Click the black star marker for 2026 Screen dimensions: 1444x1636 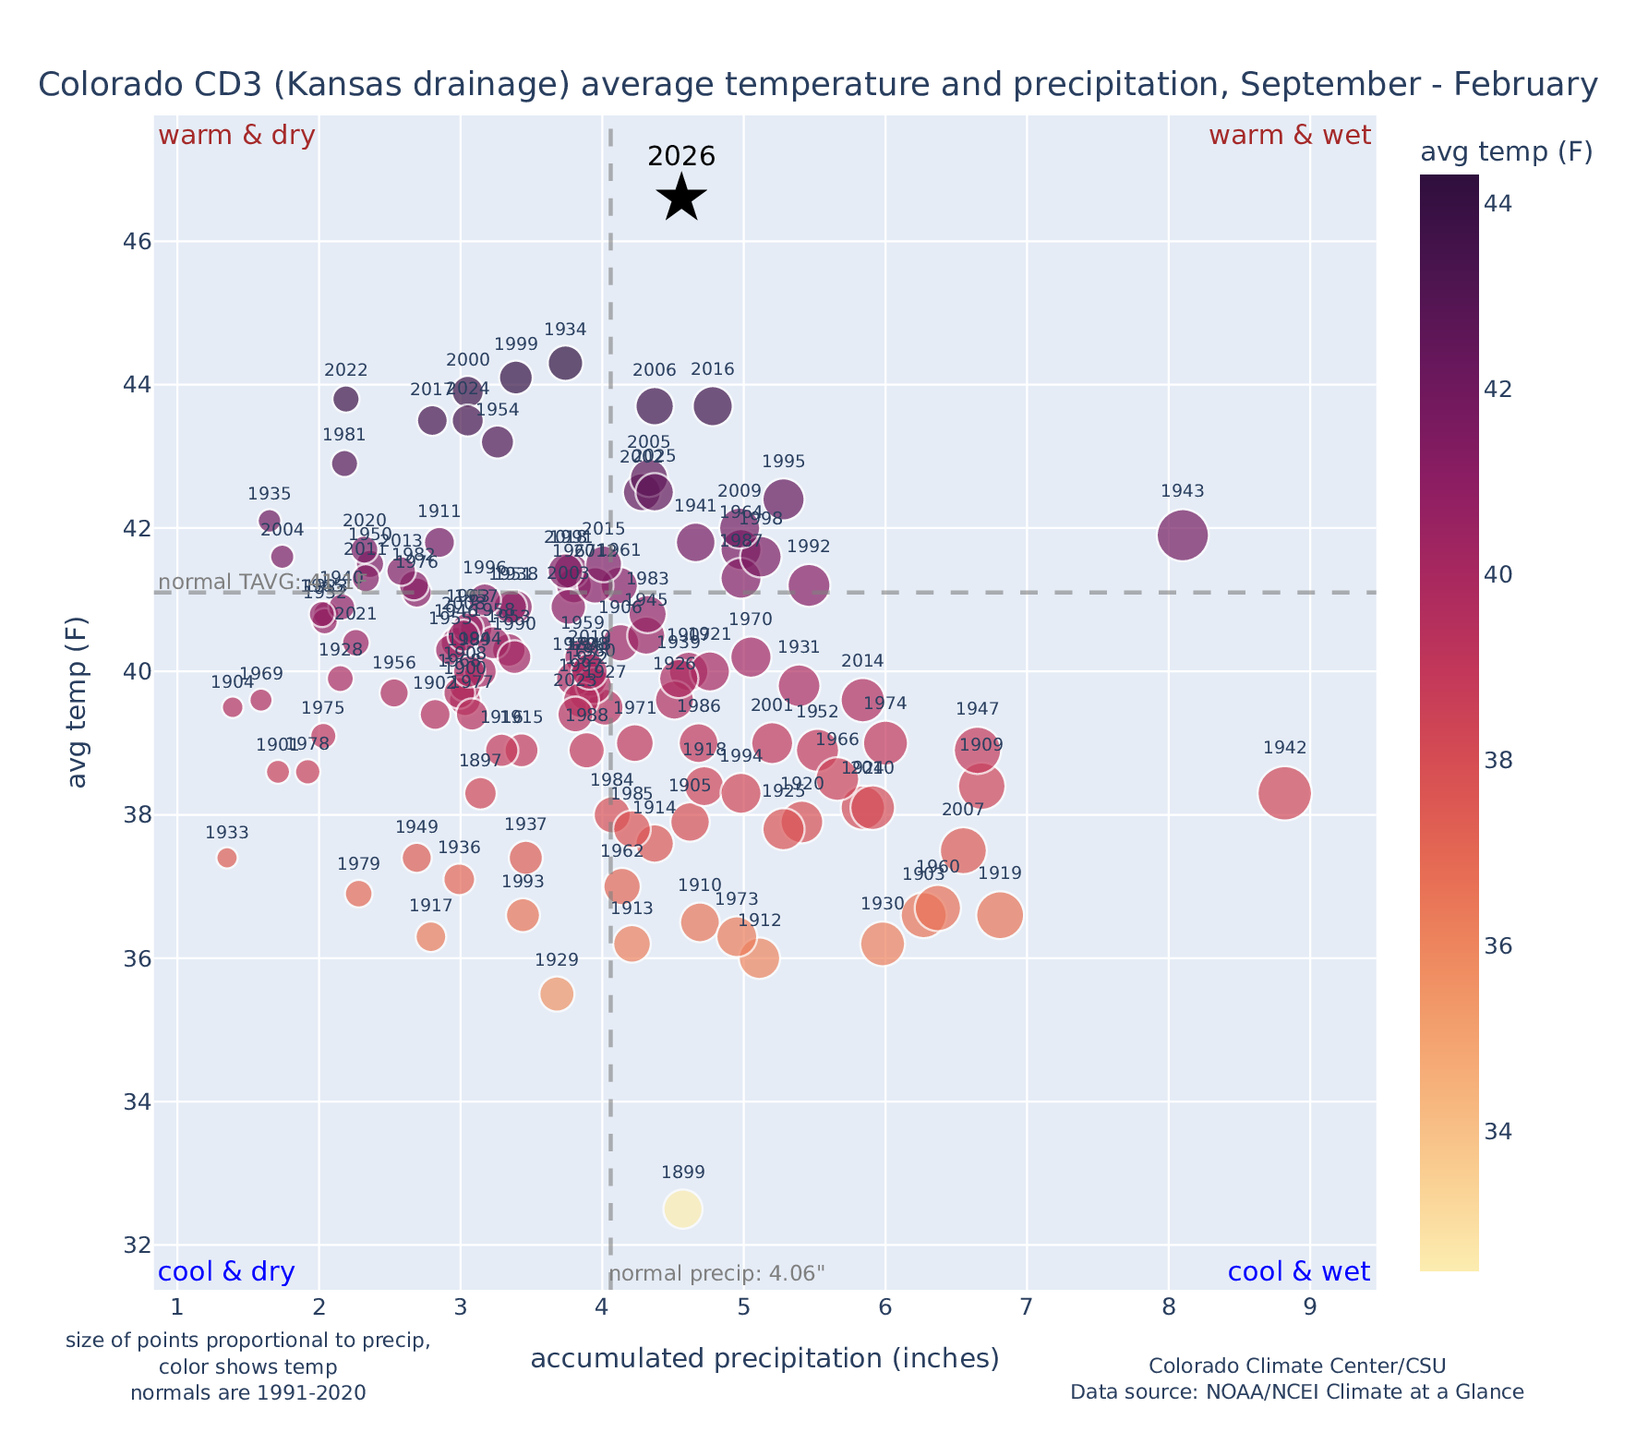pyautogui.click(x=681, y=198)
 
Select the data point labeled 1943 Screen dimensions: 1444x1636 pyautogui.click(x=1183, y=535)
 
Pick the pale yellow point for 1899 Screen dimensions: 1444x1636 pyautogui.click(x=683, y=1209)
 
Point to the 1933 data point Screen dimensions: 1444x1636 pyautogui.click(x=227, y=858)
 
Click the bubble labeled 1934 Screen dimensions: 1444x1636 pyautogui.click(x=566, y=363)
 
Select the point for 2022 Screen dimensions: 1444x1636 pyautogui.click(x=346, y=399)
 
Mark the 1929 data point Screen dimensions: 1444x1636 pyautogui.click(x=557, y=994)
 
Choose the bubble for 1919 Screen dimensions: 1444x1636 pyautogui.click(x=1000, y=915)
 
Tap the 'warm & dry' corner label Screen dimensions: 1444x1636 pyautogui.click(x=237, y=136)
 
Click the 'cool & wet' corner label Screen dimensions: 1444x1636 pyautogui.click(x=1298, y=1272)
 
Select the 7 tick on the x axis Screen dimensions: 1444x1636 pyautogui.click(x=1027, y=1308)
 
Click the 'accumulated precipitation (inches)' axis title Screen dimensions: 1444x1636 pyautogui.click(x=764, y=1358)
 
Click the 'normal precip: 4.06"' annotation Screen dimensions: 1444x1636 pyautogui.click(x=716, y=1274)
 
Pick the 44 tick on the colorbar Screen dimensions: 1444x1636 pyautogui.click(x=1499, y=203)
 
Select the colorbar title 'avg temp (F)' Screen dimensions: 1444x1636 pyautogui.click(x=1506, y=152)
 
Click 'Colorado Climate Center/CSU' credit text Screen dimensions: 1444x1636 pyautogui.click(x=1297, y=1366)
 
